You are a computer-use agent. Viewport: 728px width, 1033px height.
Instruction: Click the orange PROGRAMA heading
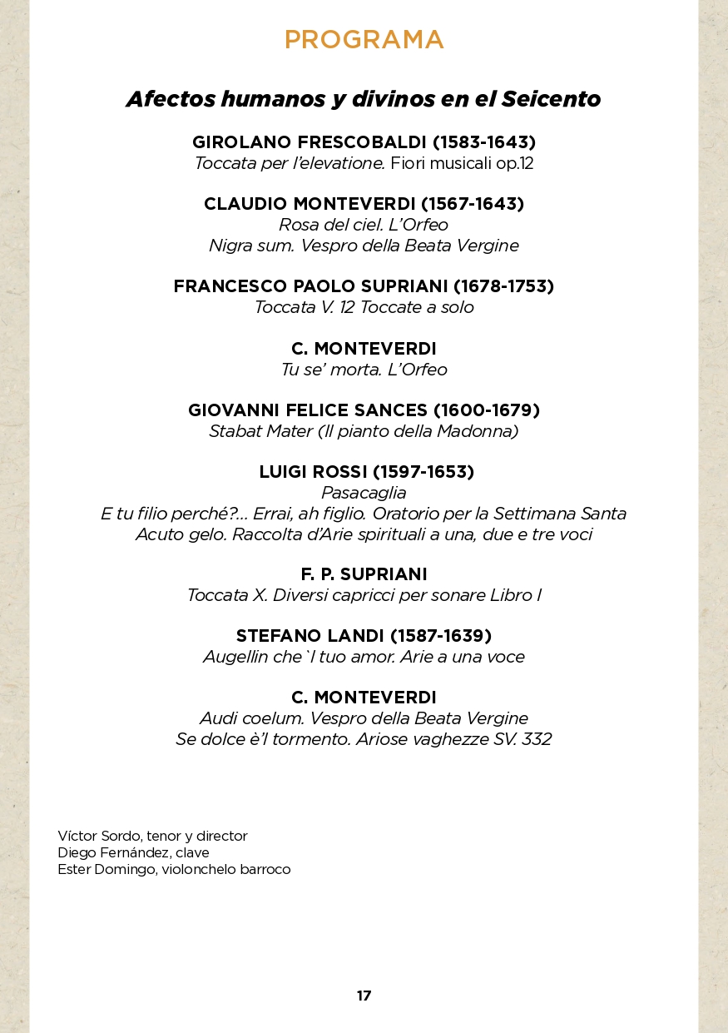pyautogui.click(x=364, y=40)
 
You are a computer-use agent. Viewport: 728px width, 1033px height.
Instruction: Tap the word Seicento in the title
pyautogui.click(x=550, y=99)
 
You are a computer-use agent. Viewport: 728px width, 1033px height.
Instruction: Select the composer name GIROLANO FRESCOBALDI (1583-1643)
pyautogui.click(x=364, y=142)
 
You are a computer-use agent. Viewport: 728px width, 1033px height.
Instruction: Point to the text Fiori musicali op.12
pyautogui.click(x=462, y=163)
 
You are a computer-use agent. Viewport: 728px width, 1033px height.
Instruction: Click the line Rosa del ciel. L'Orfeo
pyautogui.click(x=364, y=225)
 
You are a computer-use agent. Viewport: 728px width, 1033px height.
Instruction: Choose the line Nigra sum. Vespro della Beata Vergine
pyautogui.click(x=364, y=246)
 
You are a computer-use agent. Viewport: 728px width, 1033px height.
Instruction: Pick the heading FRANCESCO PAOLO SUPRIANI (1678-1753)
pyautogui.click(x=364, y=286)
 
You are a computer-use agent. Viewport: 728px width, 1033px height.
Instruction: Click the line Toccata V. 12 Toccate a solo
pyautogui.click(x=364, y=307)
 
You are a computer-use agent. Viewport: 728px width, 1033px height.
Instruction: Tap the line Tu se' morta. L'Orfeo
pyautogui.click(x=364, y=369)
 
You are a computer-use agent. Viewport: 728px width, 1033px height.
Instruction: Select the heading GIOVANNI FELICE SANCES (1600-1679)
pyautogui.click(x=364, y=410)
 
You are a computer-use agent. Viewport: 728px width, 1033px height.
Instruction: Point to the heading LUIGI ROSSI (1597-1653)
pyautogui.click(x=366, y=472)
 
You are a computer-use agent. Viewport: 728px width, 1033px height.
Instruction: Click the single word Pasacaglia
pyautogui.click(x=364, y=493)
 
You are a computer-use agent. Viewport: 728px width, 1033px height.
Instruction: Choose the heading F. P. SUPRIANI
pyautogui.click(x=364, y=574)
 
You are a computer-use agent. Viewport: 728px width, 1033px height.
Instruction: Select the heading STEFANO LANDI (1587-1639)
pyautogui.click(x=364, y=636)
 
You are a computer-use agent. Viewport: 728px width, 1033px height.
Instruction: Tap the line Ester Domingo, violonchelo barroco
pyautogui.click(x=174, y=870)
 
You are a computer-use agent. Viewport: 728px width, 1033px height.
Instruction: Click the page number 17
pyautogui.click(x=364, y=996)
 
